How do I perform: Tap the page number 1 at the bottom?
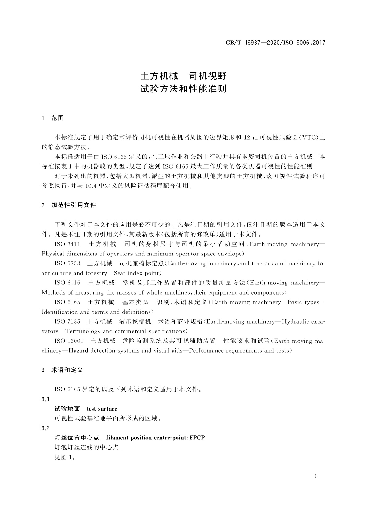pyautogui.click(x=316, y=476)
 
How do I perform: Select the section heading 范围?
pyautogui.click(x=58, y=118)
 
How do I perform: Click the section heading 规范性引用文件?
pyautogui.click(x=74, y=205)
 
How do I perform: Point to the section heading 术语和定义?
pyautogui.click(x=67, y=370)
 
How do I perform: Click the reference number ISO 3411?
pyautogui.click(x=67, y=244)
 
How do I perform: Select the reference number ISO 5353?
pyautogui.click(x=67, y=264)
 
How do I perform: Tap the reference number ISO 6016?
pyautogui.click(x=67, y=283)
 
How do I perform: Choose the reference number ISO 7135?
pyautogui.click(x=67, y=321)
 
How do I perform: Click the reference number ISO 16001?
pyautogui.click(x=69, y=341)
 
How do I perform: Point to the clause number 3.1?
pyautogui.click(x=46, y=399)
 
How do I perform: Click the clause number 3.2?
pyautogui.click(x=46, y=428)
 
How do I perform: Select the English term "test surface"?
pyautogui.click(x=102, y=409)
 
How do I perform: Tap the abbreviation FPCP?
pyautogui.click(x=197, y=438)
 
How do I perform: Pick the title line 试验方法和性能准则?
pyautogui.click(x=183, y=89)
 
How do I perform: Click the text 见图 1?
pyautogui.click(x=65, y=457)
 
